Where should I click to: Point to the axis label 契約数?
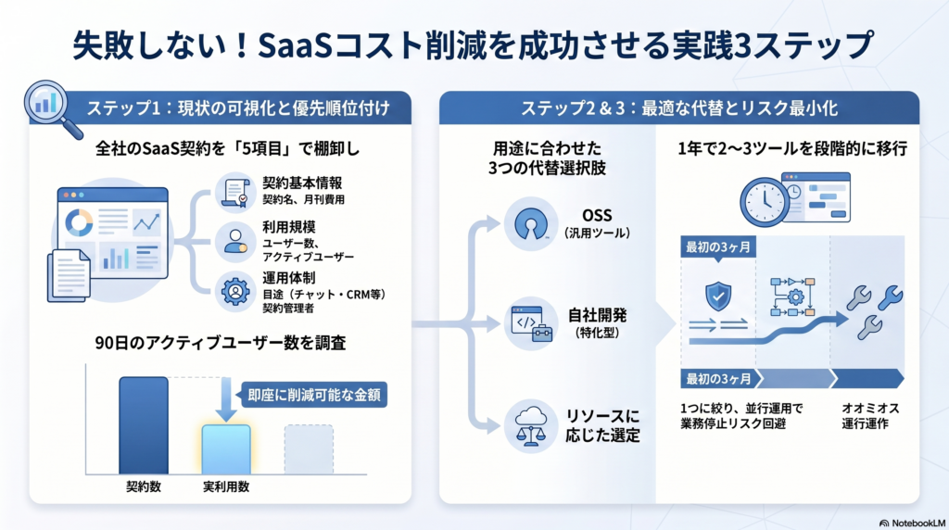[144, 486]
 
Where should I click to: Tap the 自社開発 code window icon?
[531, 325]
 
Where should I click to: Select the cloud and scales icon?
[531, 425]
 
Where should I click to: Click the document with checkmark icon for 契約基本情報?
[232, 192]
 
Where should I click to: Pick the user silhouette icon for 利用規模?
[232, 242]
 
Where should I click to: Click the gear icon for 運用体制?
[232, 291]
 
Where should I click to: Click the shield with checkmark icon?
[718, 296]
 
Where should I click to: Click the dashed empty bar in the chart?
[309, 448]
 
